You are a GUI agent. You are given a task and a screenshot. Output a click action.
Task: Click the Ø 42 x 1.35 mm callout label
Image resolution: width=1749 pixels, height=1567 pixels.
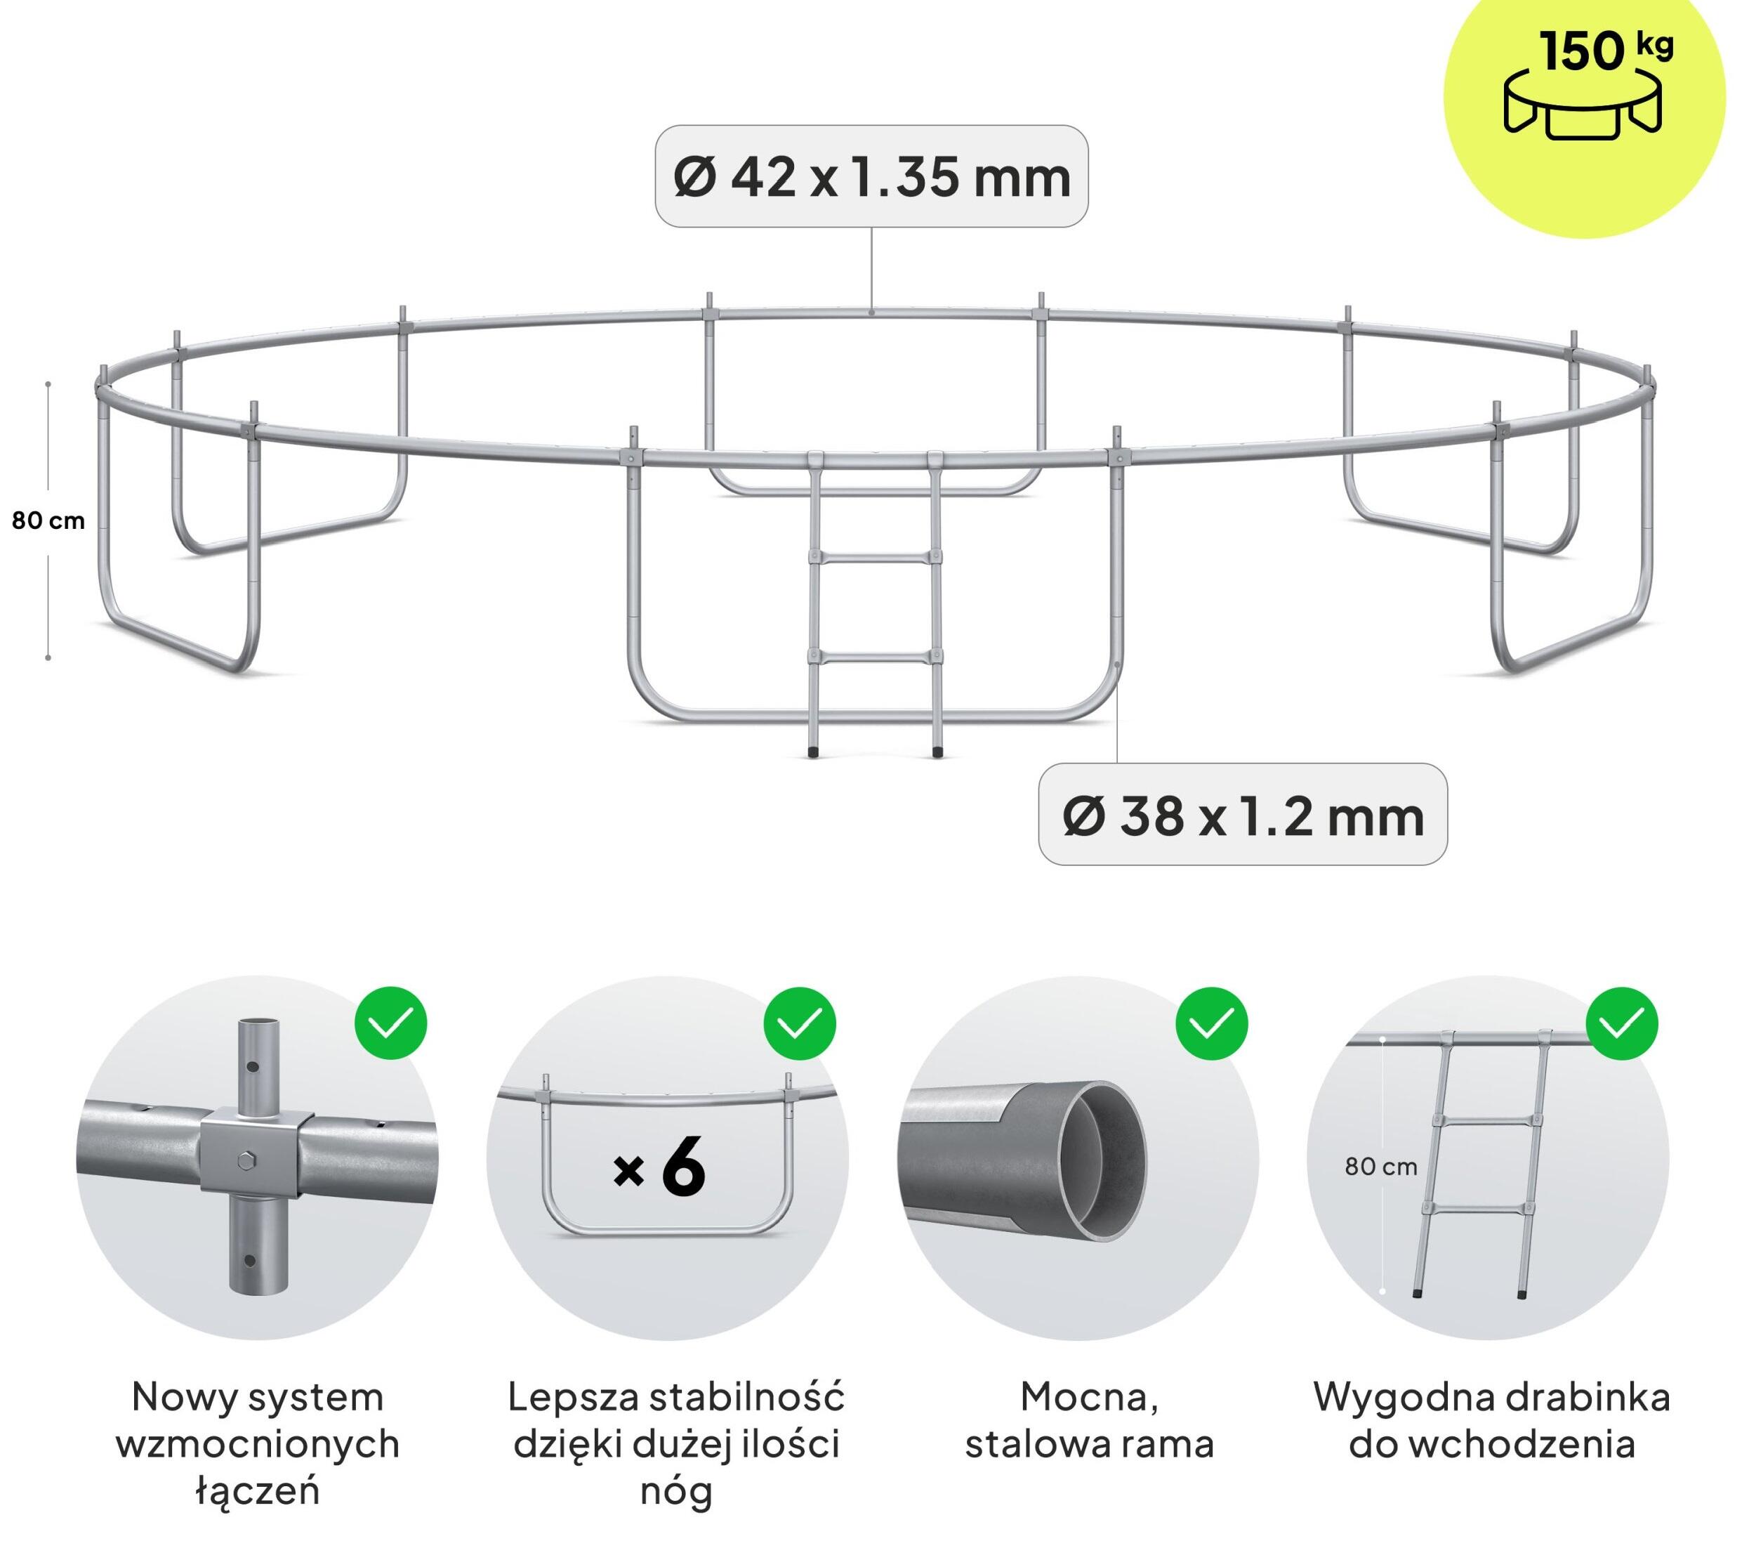(x=871, y=176)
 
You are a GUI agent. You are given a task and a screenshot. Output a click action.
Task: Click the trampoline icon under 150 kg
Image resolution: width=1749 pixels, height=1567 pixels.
(x=1582, y=105)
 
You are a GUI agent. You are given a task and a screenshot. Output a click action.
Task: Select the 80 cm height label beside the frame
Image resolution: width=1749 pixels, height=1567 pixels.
(x=48, y=520)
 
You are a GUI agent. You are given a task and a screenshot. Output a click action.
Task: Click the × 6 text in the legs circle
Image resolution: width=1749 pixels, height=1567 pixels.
(x=659, y=1168)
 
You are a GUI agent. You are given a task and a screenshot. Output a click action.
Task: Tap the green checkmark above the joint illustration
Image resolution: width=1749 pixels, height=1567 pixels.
(x=391, y=1023)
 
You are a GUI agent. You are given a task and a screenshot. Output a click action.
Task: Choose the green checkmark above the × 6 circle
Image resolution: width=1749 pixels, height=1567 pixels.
(x=800, y=1023)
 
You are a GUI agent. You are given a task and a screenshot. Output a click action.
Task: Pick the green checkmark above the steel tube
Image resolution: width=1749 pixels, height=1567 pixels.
(x=1211, y=1023)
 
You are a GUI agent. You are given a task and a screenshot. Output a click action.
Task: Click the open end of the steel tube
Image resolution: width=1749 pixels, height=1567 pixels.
(x=1102, y=1160)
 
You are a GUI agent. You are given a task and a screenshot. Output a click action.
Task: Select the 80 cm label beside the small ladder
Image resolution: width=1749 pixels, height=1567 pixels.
(x=1380, y=1167)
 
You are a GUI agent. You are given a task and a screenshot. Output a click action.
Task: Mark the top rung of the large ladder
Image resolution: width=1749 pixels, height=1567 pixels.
(x=876, y=558)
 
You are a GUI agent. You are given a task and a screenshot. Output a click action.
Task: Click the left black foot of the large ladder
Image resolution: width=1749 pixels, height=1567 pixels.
(x=813, y=752)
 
